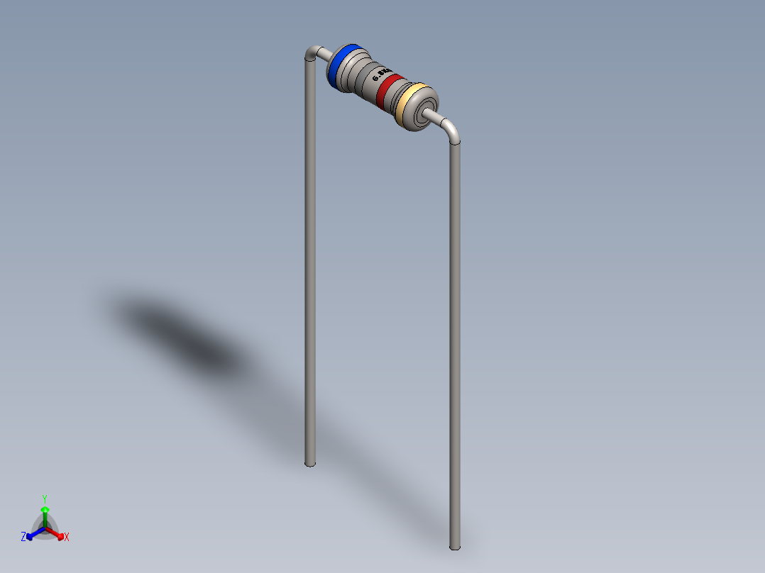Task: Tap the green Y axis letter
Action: tap(45, 499)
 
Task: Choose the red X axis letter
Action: tap(67, 538)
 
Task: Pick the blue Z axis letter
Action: tap(23, 537)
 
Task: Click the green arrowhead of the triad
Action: tap(45, 509)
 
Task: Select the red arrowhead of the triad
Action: tap(60, 534)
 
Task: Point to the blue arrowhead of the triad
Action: tap(31, 534)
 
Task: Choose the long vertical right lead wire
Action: tap(455, 340)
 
